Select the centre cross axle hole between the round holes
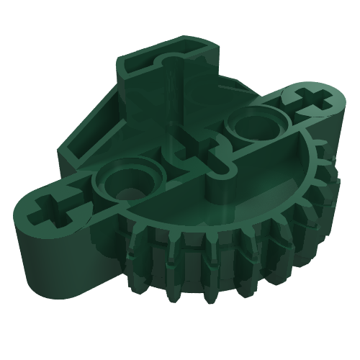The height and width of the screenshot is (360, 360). (204, 152)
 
